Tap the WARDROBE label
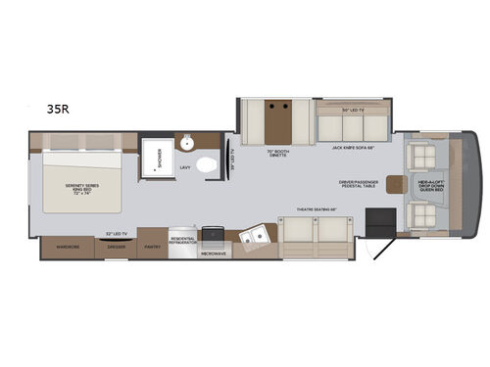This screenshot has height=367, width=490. pyautogui.click(x=67, y=248)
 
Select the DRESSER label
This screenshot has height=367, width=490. pyautogui.click(x=116, y=248)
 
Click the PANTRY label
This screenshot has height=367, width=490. pyautogui.click(x=152, y=248)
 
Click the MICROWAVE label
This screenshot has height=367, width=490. pyautogui.click(x=216, y=252)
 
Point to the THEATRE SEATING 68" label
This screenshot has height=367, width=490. pyautogui.click(x=314, y=209)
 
